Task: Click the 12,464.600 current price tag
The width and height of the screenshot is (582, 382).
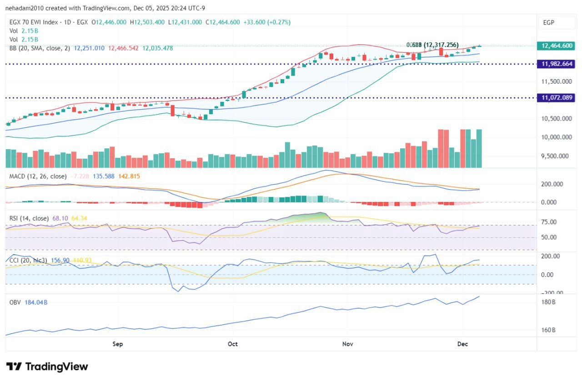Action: click(x=556, y=45)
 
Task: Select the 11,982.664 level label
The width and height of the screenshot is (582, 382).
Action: click(x=556, y=64)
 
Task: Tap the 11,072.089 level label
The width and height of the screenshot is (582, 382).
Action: click(x=556, y=97)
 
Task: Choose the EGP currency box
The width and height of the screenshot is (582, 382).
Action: click(x=551, y=23)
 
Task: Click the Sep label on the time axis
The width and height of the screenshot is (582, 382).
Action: click(x=118, y=344)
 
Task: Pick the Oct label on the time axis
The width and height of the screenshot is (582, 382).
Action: click(x=233, y=344)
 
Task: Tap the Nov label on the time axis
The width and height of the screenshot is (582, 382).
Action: click(x=348, y=344)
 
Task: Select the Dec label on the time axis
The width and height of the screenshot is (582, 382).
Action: click(x=462, y=344)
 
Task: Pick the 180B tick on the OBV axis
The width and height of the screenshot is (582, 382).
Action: click(x=549, y=302)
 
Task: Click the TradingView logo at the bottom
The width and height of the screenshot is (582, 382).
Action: click(x=47, y=367)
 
